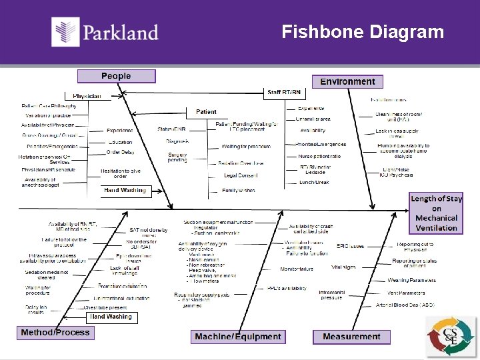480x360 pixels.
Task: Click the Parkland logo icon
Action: point(66,32)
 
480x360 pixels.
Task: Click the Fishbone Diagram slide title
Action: point(362,32)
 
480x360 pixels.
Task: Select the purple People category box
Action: point(116,76)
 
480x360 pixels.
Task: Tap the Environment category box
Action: point(347,81)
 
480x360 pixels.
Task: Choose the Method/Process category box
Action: point(55,333)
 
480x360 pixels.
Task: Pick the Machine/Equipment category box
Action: point(238,337)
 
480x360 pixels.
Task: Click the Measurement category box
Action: point(351,337)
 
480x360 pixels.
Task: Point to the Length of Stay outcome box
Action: point(436,213)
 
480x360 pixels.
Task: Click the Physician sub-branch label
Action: point(87,96)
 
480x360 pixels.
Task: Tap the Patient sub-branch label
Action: point(206,111)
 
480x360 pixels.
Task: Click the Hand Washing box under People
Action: point(124,191)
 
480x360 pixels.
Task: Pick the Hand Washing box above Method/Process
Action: point(111,317)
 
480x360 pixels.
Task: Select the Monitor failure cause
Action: point(297,269)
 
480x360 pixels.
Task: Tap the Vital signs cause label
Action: point(343,267)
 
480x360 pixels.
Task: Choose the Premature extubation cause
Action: point(123,286)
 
